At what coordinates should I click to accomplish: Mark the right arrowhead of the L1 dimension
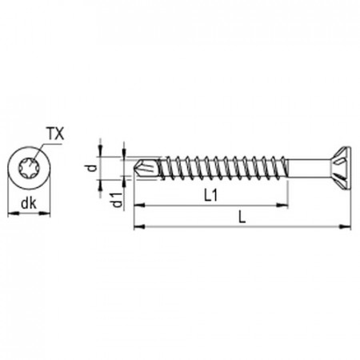(x=284, y=206)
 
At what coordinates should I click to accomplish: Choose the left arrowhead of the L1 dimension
(x=137, y=206)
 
